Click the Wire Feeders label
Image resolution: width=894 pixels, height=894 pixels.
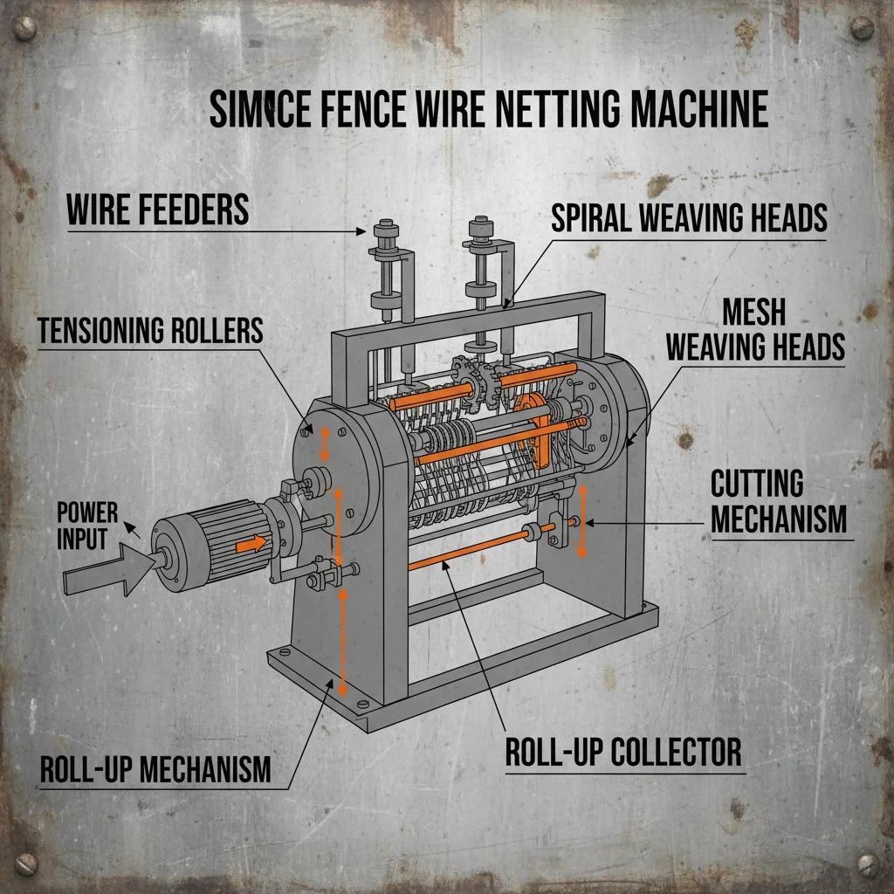tap(157, 210)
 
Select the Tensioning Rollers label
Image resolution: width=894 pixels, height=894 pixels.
tap(150, 330)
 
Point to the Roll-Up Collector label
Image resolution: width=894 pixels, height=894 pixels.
tap(623, 751)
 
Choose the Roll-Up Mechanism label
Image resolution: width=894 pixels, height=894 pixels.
tap(155, 770)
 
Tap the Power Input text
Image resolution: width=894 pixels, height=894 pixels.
tap(86, 525)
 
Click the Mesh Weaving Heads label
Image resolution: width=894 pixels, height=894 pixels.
tap(755, 330)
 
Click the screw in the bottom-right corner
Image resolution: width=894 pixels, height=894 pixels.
tap(866, 864)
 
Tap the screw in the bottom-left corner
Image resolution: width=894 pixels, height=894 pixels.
tap(26, 864)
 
